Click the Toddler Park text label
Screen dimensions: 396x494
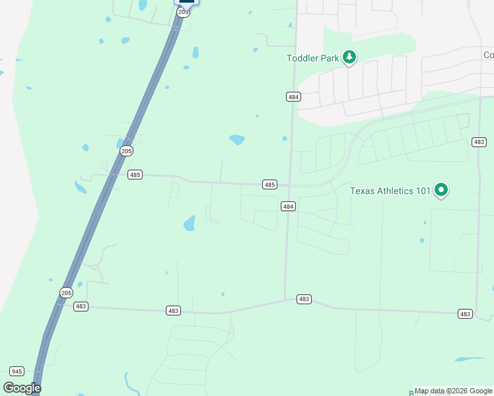[x=313, y=58]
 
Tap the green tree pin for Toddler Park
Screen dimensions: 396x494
[x=349, y=58]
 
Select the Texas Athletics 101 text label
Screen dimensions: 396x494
[x=390, y=191]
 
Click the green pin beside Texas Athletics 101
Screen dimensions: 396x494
[x=441, y=191]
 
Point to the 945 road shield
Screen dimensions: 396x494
[x=17, y=371]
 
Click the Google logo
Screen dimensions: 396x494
[x=22, y=388]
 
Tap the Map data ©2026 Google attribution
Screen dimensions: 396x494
[x=454, y=391]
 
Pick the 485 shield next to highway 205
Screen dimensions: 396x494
[x=135, y=175]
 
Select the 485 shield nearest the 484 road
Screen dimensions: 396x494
[x=269, y=185]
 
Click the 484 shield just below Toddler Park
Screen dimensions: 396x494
[x=294, y=96]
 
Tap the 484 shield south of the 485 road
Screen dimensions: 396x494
[x=288, y=207]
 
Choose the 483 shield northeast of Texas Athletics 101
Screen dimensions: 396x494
[x=479, y=142]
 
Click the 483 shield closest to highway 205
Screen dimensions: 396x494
[x=81, y=306]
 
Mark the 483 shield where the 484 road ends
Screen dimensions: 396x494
[x=304, y=299]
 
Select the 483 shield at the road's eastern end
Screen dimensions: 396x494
[x=465, y=313]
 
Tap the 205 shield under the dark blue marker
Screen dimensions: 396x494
[x=184, y=12]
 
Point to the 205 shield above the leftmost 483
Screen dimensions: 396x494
[x=66, y=292]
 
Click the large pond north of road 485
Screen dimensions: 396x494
[x=236, y=139]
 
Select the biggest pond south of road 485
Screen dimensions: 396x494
[x=190, y=223]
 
